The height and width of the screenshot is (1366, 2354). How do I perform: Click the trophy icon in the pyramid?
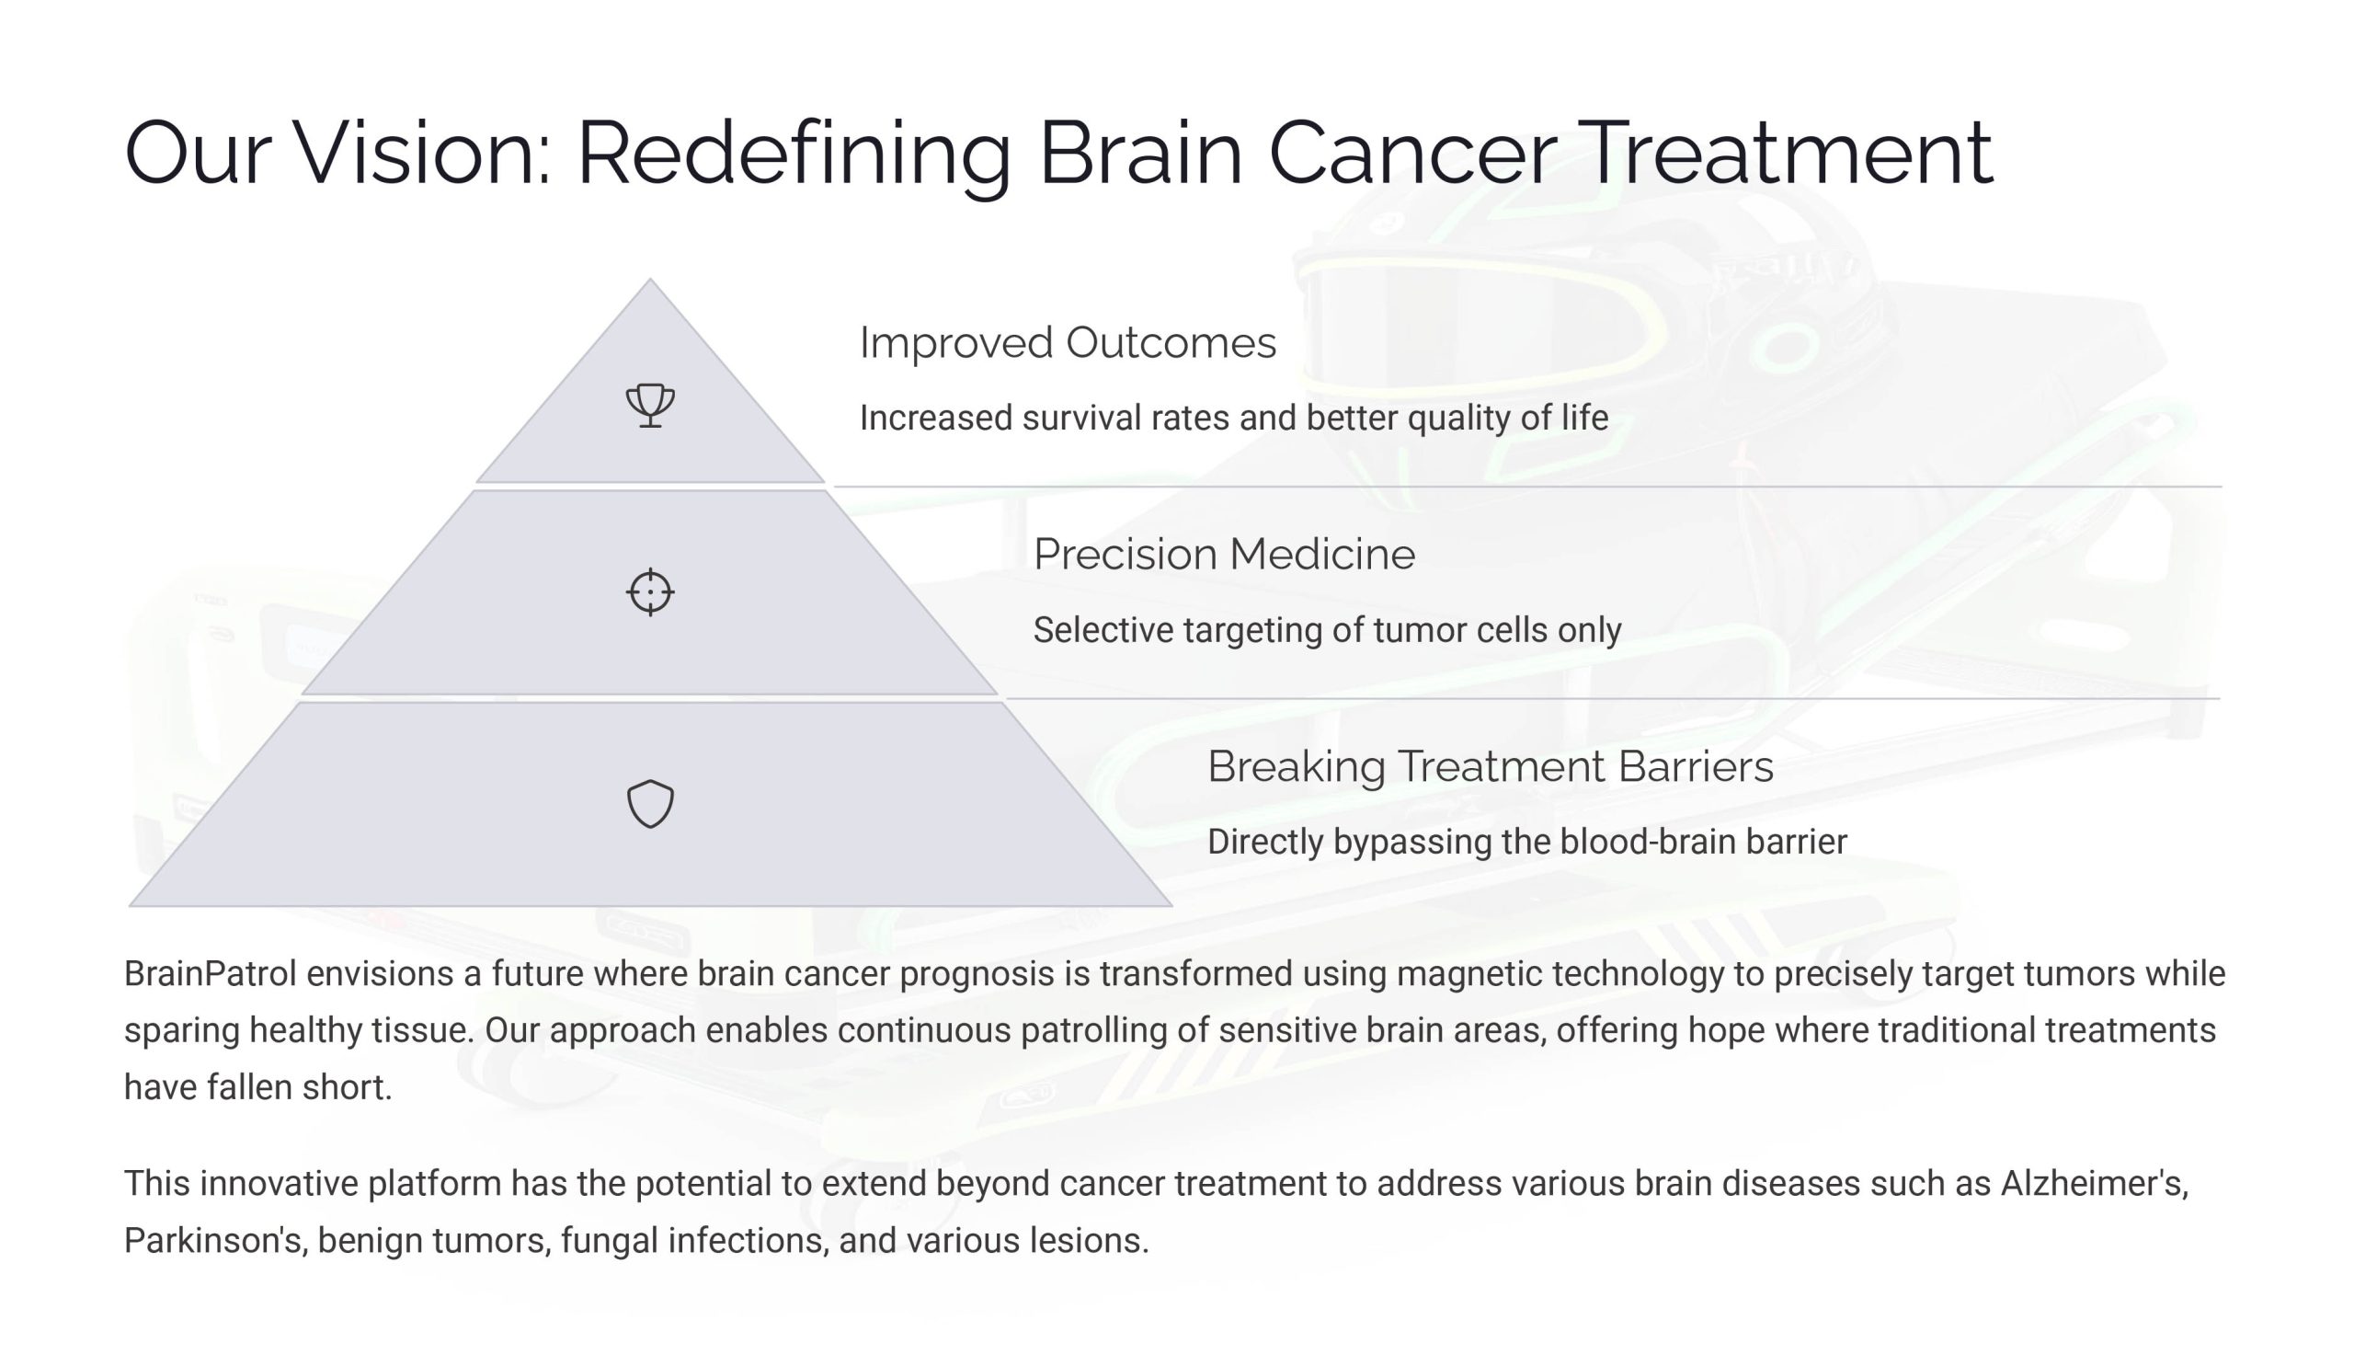650,405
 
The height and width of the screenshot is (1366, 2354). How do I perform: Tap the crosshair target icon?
650,591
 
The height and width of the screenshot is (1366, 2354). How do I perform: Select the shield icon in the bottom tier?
650,804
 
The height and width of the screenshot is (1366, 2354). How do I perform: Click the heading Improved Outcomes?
1067,342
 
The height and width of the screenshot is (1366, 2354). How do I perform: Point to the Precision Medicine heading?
1224,554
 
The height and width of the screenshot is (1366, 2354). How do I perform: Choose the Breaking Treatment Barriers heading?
1490,766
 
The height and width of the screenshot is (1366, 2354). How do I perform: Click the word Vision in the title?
421,153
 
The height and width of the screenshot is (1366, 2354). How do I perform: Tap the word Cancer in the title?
1412,153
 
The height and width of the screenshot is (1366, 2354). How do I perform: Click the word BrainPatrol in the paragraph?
211,973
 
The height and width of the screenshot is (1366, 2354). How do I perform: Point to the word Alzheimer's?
2095,1183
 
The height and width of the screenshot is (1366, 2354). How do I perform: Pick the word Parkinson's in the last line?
216,1240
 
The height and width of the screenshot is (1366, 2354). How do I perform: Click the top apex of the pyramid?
650,279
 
